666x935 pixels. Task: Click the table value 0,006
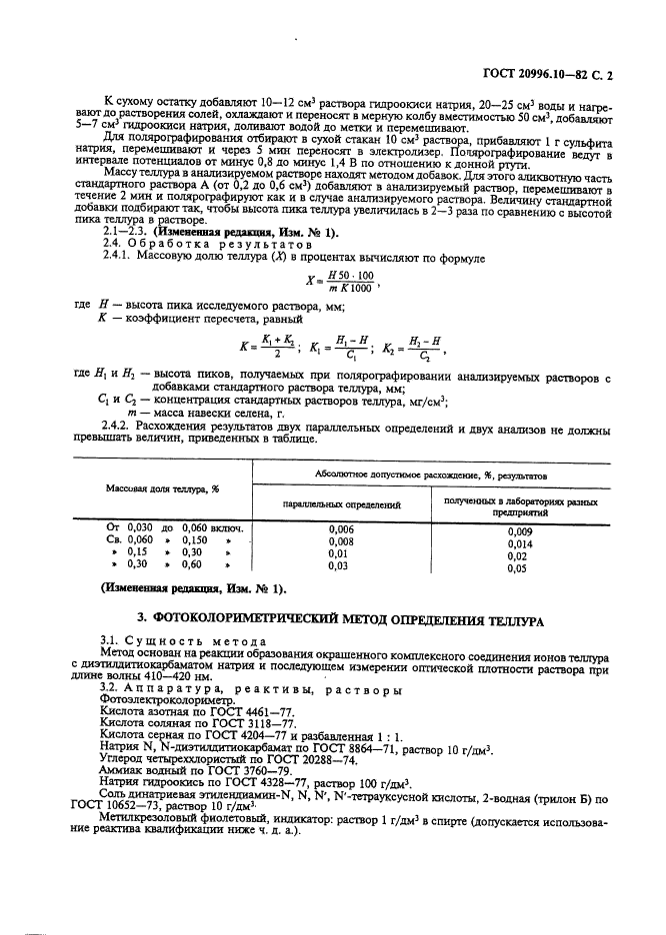coord(341,528)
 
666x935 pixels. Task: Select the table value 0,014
coord(520,543)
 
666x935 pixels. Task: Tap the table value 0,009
coord(520,531)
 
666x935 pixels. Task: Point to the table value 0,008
coord(341,540)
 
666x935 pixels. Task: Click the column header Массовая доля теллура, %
coord(162,488)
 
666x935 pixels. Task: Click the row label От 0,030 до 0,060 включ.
coord(176,527)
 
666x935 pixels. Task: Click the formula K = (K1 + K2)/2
coord(270,348)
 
